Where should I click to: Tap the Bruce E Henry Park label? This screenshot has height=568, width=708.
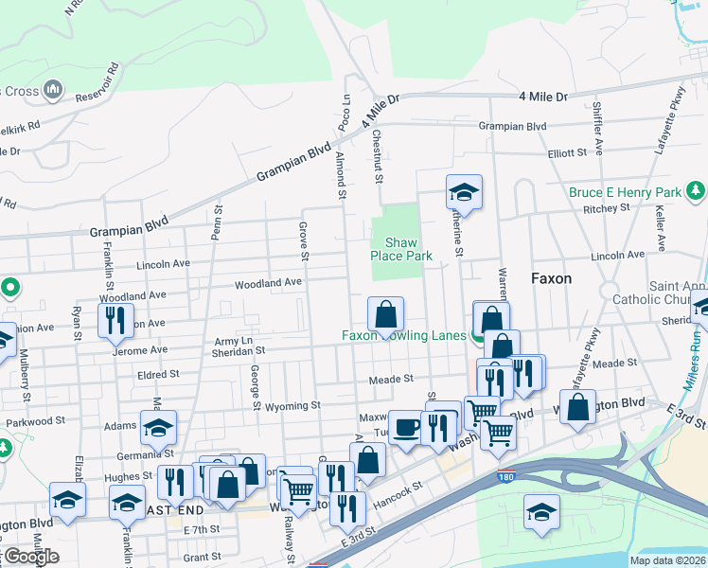tap(626, 192)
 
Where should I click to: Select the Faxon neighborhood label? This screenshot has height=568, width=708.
tap(551, 279)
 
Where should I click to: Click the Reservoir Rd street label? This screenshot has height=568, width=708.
tap(98, 82)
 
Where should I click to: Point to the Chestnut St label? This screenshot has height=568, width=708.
tap(377, 156)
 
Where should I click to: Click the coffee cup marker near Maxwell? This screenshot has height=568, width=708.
tap(405, 428)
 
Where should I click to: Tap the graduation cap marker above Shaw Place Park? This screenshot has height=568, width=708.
tap(464, 192)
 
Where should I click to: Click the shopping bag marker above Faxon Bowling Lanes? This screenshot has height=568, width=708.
tap(386, 314)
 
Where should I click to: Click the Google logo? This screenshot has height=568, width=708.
tap(31, 557)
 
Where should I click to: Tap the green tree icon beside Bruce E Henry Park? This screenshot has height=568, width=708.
tap(696, 192)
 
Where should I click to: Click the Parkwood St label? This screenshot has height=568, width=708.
tap(35, 419)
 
